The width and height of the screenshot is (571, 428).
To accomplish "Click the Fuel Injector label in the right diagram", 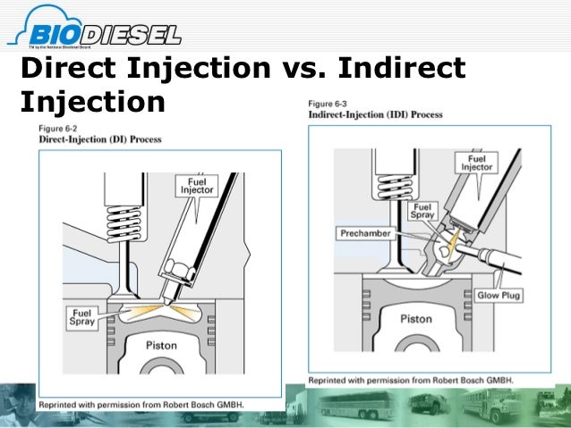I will (x=477, y=162).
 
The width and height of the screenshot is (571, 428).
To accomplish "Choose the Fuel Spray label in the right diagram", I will (x=422, y=211).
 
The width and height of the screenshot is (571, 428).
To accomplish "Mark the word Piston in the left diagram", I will (x=161, y=345).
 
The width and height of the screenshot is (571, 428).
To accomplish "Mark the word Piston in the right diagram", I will (x=415, y=318).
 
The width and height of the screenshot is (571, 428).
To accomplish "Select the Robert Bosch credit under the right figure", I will (x=411, y=381).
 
